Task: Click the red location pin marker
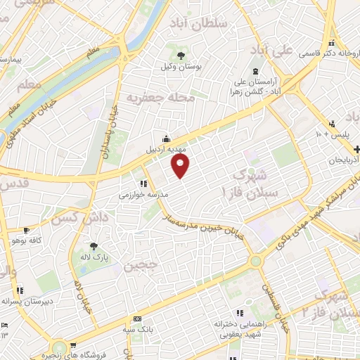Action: (x=181, y=167)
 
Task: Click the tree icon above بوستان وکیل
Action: (x=181, y=54)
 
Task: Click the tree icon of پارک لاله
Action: (x=93, y=246)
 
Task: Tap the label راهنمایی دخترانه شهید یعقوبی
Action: (x=240, y=329)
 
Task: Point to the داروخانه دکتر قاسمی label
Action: (x=331, y=53)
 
